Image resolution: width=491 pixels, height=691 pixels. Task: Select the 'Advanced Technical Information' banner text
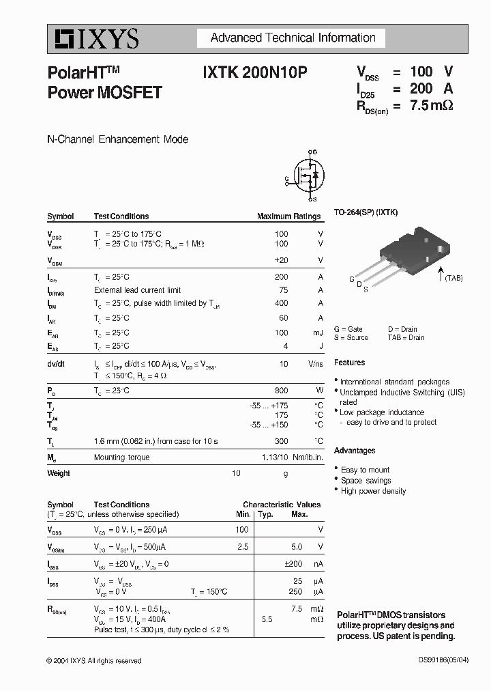coord(293,38)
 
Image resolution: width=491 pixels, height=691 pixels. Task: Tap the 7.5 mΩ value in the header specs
coord(431,105)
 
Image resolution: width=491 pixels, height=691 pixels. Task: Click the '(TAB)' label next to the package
coord(453,278)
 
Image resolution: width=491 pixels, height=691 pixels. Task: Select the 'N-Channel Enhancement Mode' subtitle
coord(117,139)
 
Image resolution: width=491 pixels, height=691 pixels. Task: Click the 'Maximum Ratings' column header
coord(288,216)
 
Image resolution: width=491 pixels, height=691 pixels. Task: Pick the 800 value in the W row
coord(281,391)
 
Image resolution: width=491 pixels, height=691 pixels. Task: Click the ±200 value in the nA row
coord(293,564)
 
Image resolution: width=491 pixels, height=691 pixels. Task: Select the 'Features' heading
coord(349,363)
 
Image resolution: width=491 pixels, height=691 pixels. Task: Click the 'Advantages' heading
coord(355,451)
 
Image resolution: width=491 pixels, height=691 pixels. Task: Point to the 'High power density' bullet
coord(373,491)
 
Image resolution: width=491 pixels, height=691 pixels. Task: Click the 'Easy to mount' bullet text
coord(366,470)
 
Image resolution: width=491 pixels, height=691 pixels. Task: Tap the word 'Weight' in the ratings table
coord(59,473)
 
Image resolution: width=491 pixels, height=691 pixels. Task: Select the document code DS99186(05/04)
coord(444,660)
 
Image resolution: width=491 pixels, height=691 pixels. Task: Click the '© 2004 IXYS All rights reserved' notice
coord(94,661)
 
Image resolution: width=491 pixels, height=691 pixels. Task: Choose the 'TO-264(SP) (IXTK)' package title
coord(366,212)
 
